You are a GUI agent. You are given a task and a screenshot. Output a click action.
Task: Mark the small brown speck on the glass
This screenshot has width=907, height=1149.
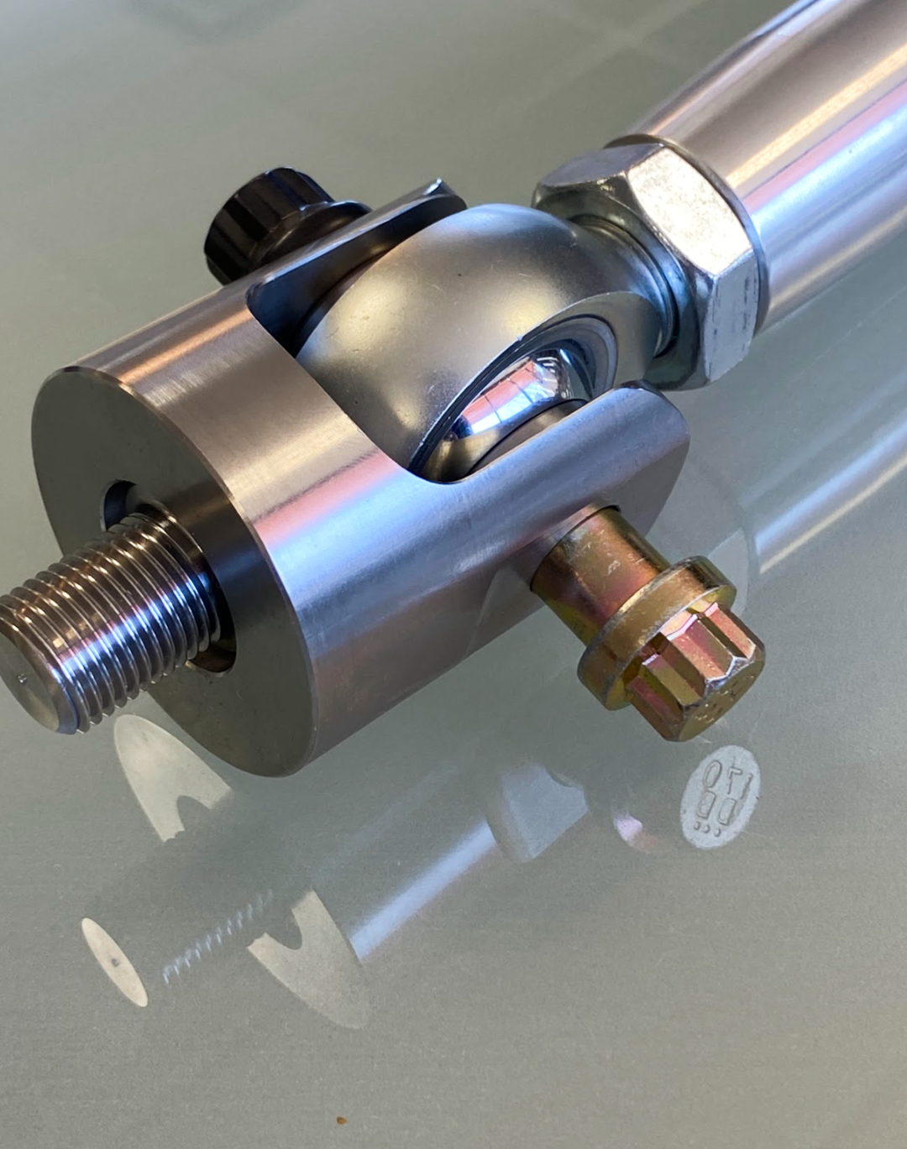341,1121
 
